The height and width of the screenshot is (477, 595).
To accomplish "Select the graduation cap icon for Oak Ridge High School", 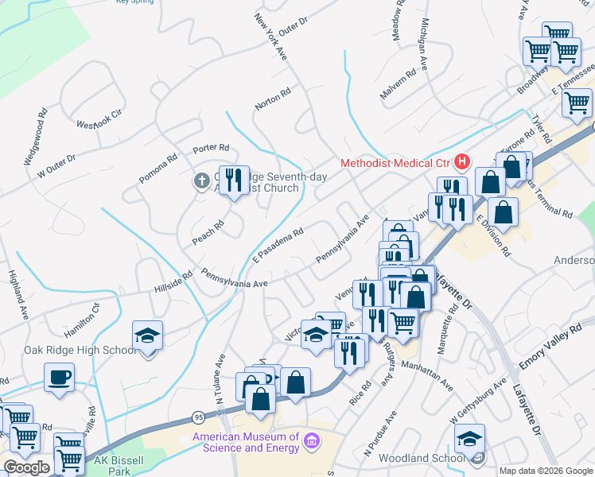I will [147, 336].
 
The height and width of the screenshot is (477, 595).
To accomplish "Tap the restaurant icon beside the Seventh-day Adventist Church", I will [232, 180].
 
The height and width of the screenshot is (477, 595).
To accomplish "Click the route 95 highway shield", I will [197, 417].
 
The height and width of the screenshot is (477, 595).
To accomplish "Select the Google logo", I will [25, 467].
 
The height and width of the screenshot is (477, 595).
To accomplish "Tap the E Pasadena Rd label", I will [278, 244].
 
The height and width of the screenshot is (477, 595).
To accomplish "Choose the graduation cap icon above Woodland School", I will [469, 440].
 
